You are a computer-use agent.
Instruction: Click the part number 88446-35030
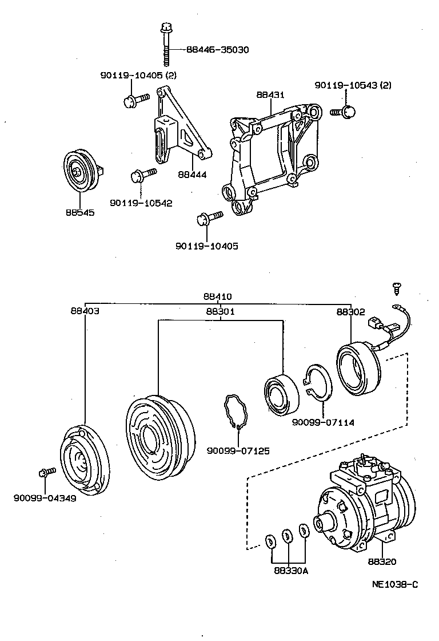217,50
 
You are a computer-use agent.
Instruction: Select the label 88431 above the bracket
270,95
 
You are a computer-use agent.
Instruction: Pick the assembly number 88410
217,297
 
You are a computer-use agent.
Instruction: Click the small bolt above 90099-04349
45,472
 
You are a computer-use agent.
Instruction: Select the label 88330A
290,571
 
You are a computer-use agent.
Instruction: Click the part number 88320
382,562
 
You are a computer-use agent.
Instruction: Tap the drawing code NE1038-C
395,584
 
